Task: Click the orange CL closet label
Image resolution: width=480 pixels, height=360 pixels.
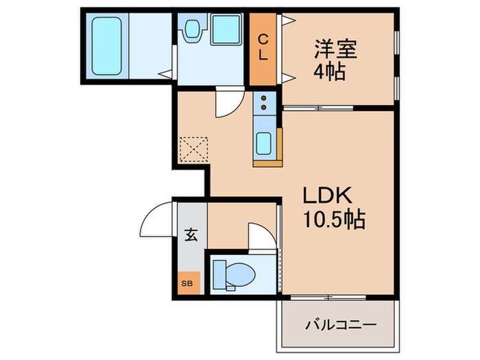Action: (x=263, y=48)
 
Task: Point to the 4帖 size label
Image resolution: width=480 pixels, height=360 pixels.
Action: (x=330, y=71)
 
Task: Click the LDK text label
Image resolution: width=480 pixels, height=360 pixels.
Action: (x=328, y=196)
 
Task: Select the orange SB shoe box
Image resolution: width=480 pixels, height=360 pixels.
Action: (x=187, y=283)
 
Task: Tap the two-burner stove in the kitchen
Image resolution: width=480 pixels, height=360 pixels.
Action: (x=263, y=105)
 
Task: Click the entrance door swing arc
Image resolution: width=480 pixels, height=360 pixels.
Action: (x=155, y=218)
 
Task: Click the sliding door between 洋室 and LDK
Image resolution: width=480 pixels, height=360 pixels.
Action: (x=320, y=108)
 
